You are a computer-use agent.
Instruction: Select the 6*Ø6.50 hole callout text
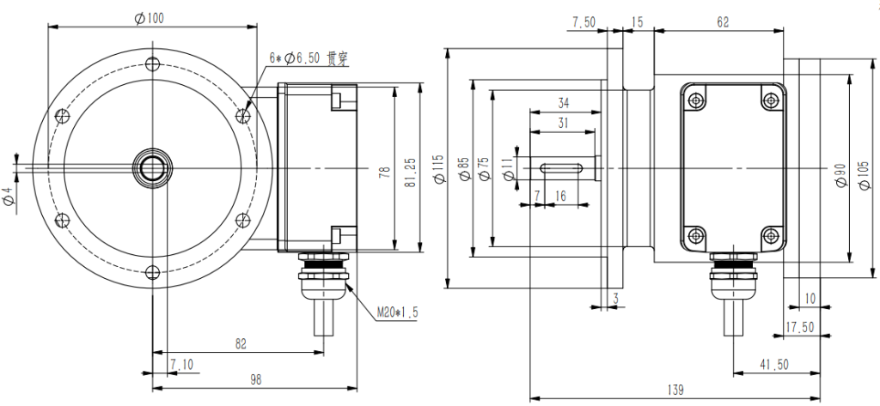click(x=306, y=58)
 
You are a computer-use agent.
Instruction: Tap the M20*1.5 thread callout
click(x=397, y=312)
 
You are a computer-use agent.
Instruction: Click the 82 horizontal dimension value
click(x=241, y=343)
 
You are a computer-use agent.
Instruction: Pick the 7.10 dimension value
click(x=181, y=365)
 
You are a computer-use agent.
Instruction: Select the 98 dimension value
click(x=255, y=379)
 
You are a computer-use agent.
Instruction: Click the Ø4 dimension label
click(x=9, y=195)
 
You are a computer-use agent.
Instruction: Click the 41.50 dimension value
click(x=774, y=365)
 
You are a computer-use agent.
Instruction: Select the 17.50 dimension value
click(x=800, y=327)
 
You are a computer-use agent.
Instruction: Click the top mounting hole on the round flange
click(x=153, y=64)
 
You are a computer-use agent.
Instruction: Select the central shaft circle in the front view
click(x=153, y=167)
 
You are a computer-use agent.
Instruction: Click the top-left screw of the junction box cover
click(x=695, y=100)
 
